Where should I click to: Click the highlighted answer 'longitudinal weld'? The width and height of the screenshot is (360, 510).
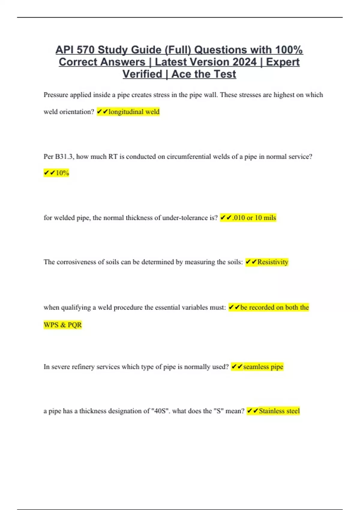(x=134, y=112)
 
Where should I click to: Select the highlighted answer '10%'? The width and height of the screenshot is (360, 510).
(x=62, y=173)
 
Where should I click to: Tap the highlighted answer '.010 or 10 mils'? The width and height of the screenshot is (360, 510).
(x=254, y=218)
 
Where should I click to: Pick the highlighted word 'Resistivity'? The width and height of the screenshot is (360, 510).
(x=272, y=262)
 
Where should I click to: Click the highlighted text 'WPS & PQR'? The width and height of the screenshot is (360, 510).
(x=63, y=325)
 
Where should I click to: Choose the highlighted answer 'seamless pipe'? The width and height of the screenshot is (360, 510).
(x=263, y=367)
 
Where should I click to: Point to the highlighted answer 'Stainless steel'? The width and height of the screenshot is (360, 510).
(x=279, y=411)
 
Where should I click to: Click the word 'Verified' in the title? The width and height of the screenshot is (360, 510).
(x=142, y=74)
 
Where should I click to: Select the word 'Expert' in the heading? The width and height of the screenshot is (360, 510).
(x=283, y=62)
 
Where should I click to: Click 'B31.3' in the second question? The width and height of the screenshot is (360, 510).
(x=64, y=157)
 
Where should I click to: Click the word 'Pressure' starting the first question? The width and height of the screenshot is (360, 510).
(x=56, y=95)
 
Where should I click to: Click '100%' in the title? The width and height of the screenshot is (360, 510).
(x=289, y=50)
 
